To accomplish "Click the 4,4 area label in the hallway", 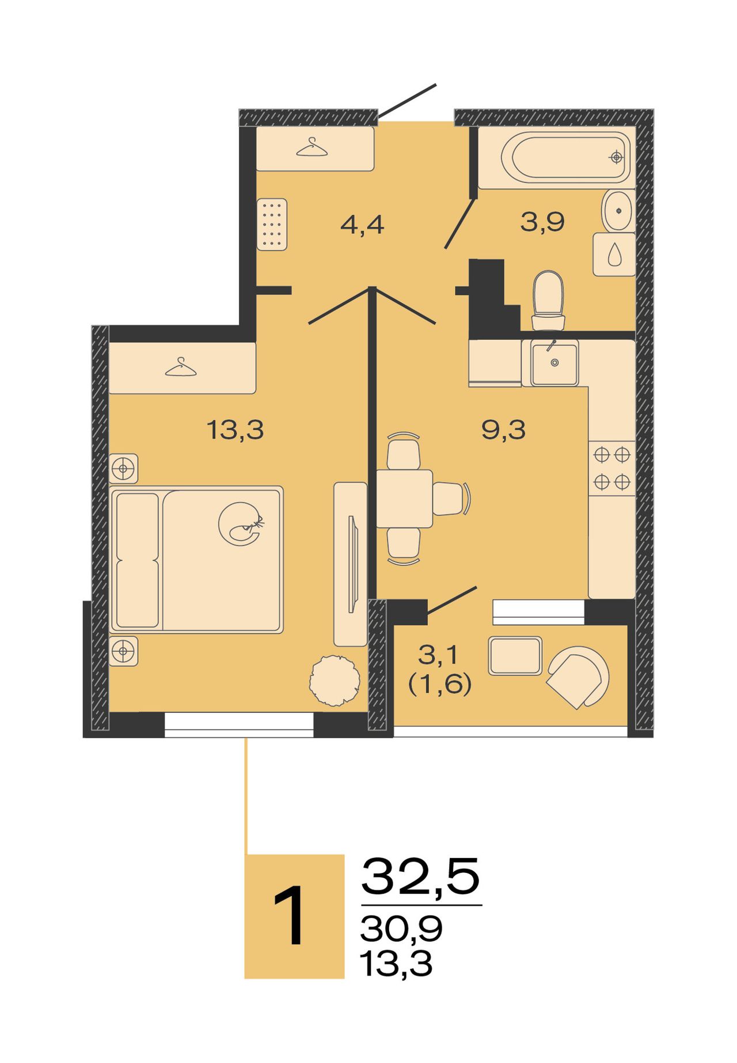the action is [x=362, y=225].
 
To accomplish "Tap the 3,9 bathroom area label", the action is [x=542, y=222].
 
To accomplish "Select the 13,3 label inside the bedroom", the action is [x=235, y=430].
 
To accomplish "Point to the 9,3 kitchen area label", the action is [x=503, y=430].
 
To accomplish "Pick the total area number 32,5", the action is [x=420, y=876].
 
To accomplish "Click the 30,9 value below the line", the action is [x=401, y=928].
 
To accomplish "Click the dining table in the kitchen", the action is [x=404, y=499].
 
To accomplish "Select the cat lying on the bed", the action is [x=241, y=523].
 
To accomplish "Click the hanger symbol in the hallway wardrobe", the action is [x=311, y=147].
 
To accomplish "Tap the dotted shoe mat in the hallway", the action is [x=272, y=225].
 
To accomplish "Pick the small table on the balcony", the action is [x=515, y=655].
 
